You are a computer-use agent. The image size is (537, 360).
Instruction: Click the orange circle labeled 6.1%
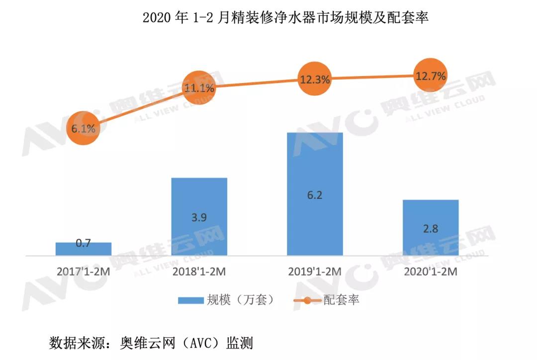84,128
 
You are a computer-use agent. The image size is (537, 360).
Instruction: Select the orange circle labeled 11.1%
199,89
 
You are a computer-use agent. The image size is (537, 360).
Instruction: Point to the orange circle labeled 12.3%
315,79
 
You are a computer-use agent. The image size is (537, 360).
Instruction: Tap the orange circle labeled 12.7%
431,76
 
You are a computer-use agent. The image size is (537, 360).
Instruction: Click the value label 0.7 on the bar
83,244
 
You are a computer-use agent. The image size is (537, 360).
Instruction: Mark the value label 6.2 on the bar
315,194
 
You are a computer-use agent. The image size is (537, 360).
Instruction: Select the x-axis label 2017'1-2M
83,272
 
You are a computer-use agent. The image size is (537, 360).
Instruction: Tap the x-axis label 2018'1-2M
199,272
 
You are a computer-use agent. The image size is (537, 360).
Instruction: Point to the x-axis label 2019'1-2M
315,272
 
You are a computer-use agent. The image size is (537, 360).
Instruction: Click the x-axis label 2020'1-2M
431,272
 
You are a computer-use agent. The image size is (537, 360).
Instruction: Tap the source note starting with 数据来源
151,343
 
